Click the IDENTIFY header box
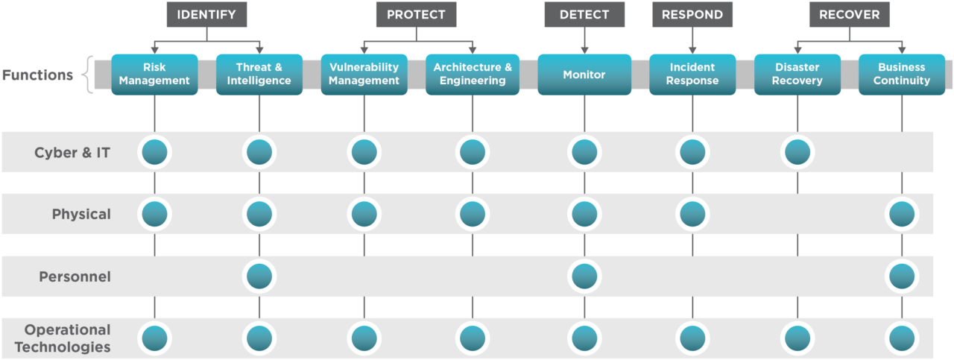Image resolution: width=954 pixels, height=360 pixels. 206,14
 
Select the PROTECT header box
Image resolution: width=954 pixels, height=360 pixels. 416,14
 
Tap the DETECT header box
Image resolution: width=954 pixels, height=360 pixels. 584,14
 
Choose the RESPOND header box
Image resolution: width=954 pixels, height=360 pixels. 692,14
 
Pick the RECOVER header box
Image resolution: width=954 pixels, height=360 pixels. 849,14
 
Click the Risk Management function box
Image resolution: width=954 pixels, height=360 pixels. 155,74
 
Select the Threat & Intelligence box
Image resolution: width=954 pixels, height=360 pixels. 259,74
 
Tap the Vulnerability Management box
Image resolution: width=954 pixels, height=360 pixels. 364,74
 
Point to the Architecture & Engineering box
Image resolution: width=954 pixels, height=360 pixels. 473,74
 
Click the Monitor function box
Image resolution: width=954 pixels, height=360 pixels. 584,75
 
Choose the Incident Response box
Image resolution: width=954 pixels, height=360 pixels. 692,74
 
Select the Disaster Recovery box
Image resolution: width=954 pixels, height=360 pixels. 797,74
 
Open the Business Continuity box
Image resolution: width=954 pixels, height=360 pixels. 902,74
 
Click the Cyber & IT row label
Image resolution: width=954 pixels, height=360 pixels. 72,153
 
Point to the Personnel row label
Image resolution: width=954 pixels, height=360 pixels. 75,277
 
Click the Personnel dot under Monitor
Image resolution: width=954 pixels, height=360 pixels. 584,277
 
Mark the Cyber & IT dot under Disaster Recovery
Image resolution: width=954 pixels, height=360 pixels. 797,152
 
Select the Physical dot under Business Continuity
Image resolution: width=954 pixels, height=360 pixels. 902,215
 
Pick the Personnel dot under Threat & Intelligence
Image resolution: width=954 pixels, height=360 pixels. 259,277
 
